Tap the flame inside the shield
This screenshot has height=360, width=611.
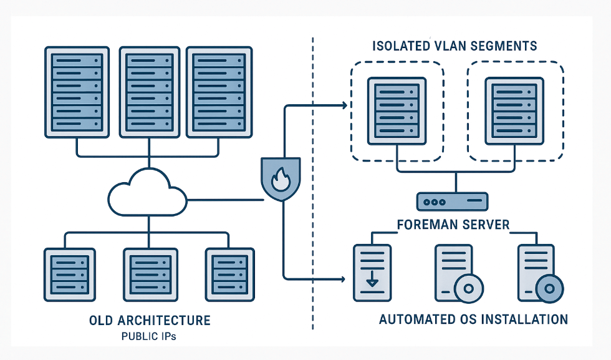[279, 180]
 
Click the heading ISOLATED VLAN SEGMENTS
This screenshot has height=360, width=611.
[455, 46]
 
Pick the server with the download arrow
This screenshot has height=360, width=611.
[372, 272]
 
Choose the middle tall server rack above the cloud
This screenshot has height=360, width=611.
[148, 91]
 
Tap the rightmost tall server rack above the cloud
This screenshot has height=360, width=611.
[218, 91]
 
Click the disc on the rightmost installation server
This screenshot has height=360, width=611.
[549, 289]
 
